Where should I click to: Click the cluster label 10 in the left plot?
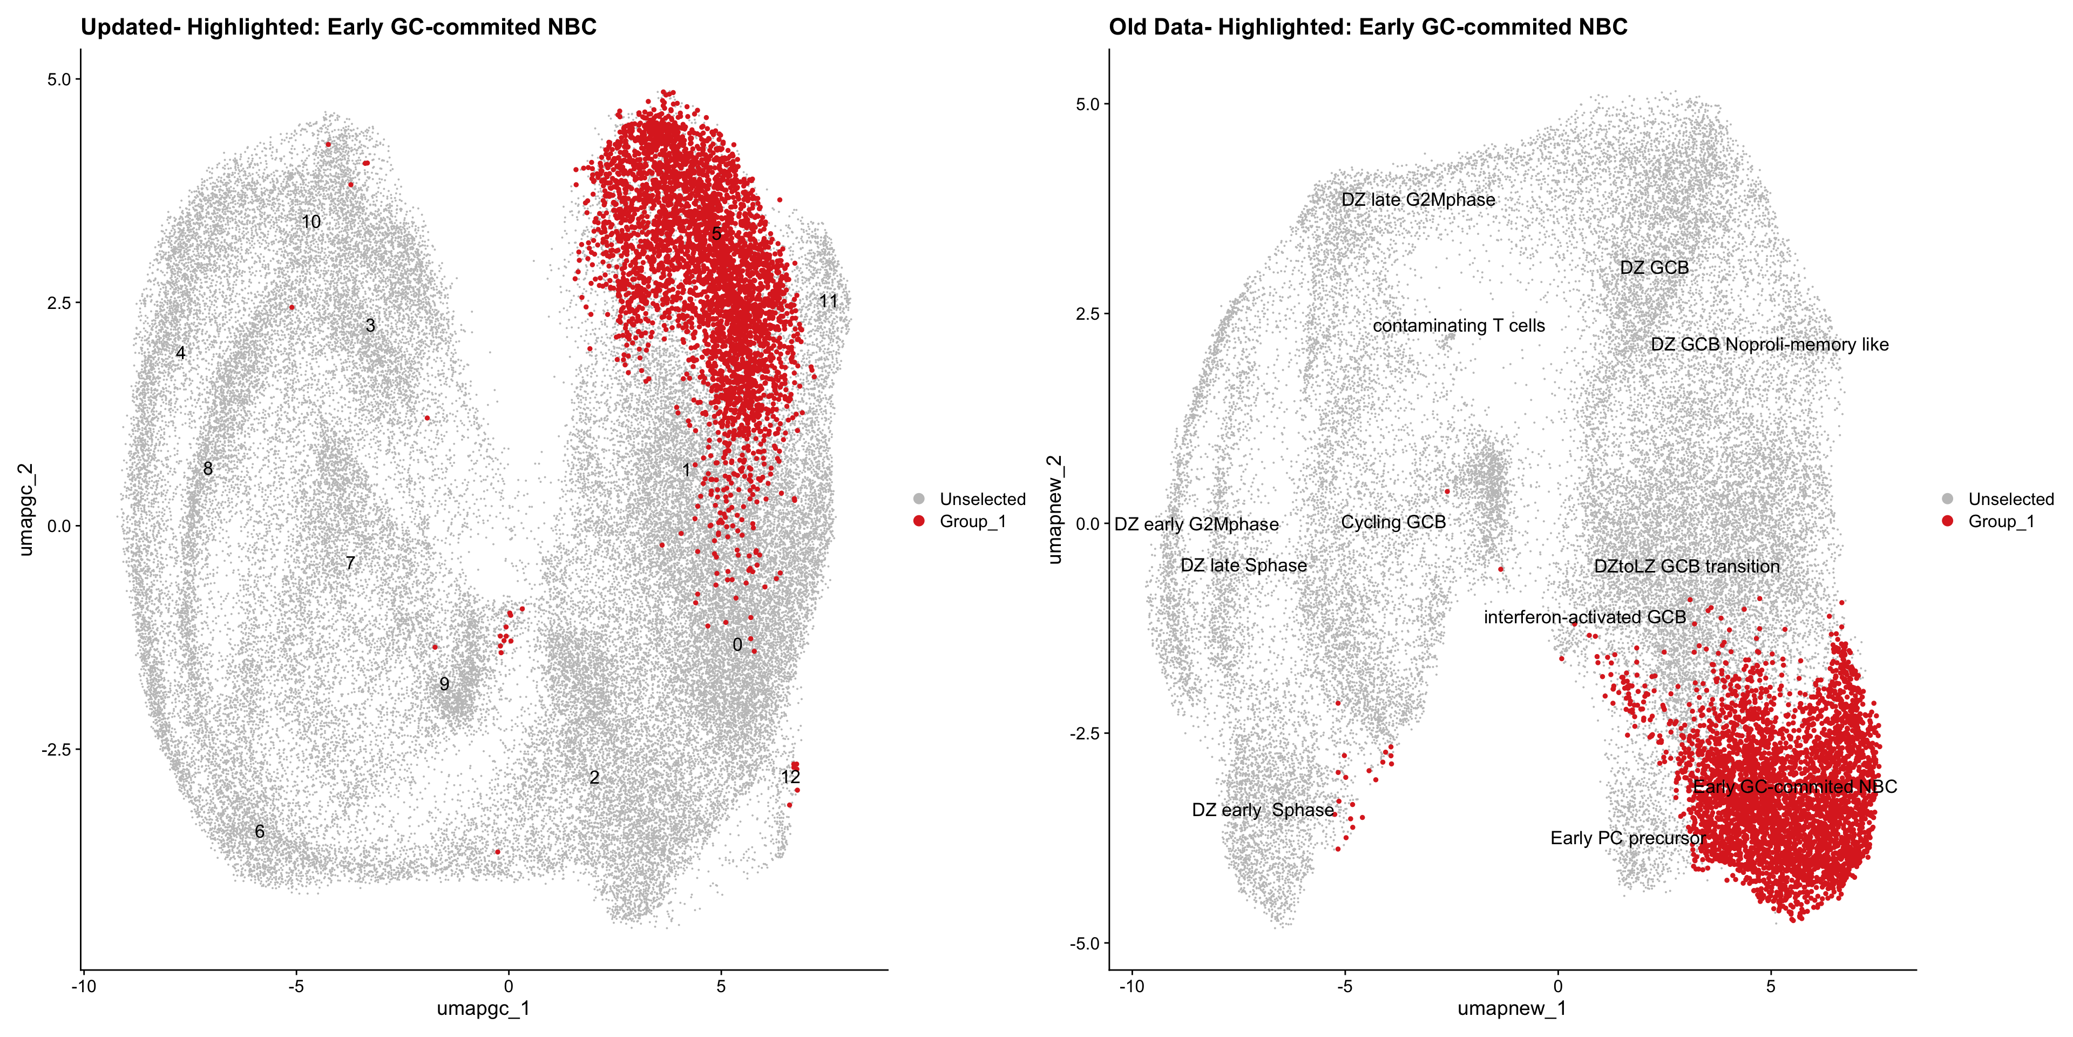[310, 222]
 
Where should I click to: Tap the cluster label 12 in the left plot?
[790, 777]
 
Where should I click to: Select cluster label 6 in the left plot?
[259, 832]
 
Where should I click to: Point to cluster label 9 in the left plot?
[444, 684]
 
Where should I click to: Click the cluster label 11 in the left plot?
[828, 301]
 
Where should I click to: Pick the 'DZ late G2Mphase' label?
[1418, 200]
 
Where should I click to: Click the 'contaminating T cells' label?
[1458, 326]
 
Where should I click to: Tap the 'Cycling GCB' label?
[1393, 522]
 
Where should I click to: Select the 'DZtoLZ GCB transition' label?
[1686, 567]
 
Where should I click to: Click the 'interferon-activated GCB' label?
[1584, 617]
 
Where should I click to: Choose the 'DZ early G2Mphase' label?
[1196, 525]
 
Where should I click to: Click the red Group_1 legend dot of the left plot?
[919, 522]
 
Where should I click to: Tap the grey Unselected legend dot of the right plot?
[1947, 499]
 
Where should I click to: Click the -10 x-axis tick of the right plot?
[1132, 986]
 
